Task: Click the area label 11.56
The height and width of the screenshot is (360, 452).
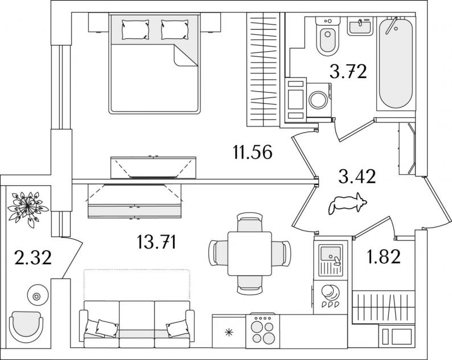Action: click(x=253, y=152)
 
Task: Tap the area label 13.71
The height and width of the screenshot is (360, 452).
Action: click(x=156, y=242)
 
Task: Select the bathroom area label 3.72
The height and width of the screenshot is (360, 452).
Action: click(x=348, y=71)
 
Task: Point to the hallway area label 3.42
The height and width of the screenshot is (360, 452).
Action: click(x=357, y=177)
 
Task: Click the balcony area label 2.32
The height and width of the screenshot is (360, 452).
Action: click(x=33, y=257)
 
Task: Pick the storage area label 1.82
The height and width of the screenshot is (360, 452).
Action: click(x=384, y=256)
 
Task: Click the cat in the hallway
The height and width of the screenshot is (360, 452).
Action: click(x=347, y=203)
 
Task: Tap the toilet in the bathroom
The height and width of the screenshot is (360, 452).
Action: click(x=328, y=36)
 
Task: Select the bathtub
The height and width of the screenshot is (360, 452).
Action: click(x=396, y=63)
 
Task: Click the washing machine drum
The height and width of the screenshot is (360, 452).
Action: click(x=318, y=100)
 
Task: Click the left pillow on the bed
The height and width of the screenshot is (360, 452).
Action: click(x=135, y=30)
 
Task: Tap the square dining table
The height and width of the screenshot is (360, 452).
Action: click(x=250, y=253)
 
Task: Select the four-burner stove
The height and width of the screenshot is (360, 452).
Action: click(x=262, y=331)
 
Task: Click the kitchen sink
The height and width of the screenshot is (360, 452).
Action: click(x=331, y=260)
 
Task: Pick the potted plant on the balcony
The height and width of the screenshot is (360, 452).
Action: click(x=27, y=206)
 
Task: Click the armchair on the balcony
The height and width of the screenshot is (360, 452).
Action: click(x=26, y=327)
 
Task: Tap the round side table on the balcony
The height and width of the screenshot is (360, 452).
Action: click(x=36, y=296)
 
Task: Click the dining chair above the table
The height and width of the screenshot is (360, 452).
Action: click(x=250, y=222)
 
